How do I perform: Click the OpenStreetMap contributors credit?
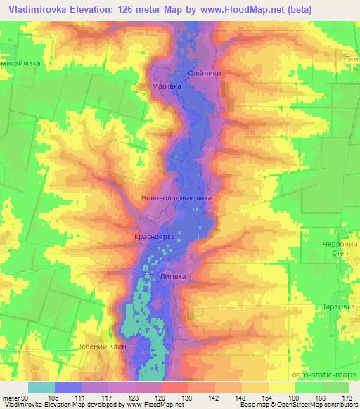[x=326, y=405]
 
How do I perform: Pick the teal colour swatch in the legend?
[x=41, y=387]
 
